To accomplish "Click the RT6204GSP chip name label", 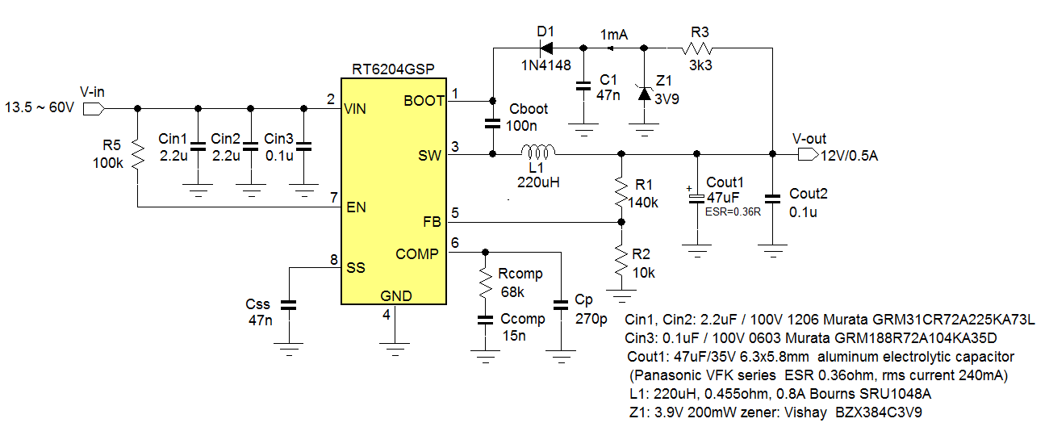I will (394, 69).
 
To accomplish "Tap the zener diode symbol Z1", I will (643, 94).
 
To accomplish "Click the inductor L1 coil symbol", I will (537, 152).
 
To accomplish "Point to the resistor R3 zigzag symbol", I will (698, 48).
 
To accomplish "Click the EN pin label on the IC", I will (355, 207).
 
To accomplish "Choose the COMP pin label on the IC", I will (417, 253).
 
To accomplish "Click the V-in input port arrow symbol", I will (94, 107).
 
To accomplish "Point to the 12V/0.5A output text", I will (849, 155).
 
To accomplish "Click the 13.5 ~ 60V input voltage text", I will (40, 107).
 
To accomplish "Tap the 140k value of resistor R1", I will (642, 203).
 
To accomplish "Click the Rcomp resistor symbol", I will (484, 282).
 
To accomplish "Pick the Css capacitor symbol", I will (287, 306).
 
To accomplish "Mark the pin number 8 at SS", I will (333, 259).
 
